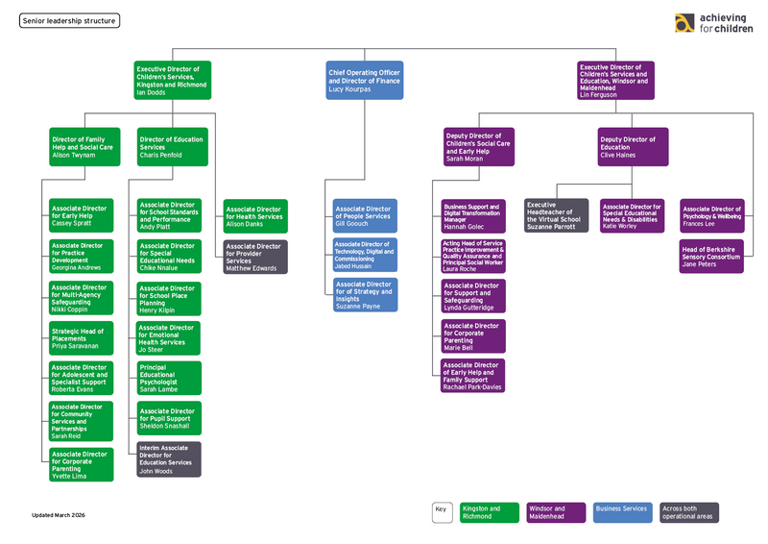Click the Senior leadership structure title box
[69, 20]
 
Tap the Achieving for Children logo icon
[684, 24]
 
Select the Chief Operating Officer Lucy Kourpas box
[364, 81]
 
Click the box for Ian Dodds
[172, 81]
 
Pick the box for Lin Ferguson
[615, 81]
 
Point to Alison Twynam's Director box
[84, 146]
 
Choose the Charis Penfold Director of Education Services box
[172, 146]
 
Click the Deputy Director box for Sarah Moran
[478, 147]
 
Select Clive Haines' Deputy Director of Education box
[634, 146]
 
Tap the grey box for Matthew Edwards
[255, 257]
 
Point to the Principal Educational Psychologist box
[169, 379]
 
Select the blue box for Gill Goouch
[365, 215]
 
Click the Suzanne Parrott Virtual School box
[557, 215]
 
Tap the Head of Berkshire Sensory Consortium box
[711, 257]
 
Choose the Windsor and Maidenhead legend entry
[556, 512]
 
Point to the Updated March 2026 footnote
[59, 516]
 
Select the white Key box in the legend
[442, 512]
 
